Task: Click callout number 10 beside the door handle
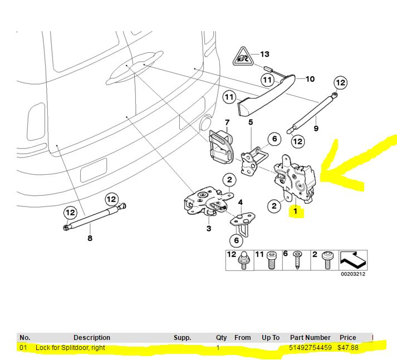[310, 79]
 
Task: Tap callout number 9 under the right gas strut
[316, 129]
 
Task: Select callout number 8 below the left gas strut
[90, 239]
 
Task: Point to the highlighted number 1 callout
[295, 211]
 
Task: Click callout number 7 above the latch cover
[227, 122]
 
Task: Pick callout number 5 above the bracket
[251, 122]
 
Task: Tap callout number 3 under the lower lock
[208, 228]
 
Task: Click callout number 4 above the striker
[240, 202]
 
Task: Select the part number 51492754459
[311, 348]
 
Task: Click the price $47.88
[347, 348]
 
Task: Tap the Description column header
[92, 338]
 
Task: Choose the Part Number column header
[310, 338]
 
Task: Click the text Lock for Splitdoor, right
[70, 348]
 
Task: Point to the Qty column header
[222, 338]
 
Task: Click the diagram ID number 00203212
[353, 274]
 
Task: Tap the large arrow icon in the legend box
[352, 259]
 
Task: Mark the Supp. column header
[182, 338]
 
